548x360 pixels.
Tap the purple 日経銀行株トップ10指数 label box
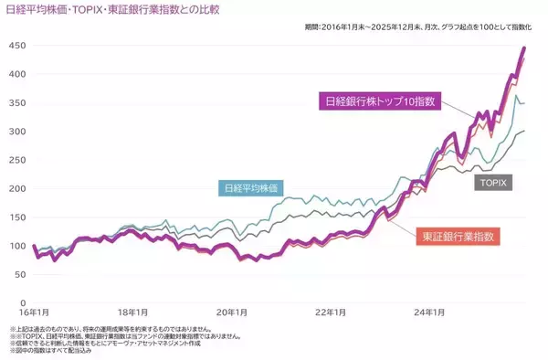point(378,101)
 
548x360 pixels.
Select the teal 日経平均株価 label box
point(250,188)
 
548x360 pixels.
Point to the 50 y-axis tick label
point(17,274)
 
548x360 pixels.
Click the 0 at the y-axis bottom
point(20,302)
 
